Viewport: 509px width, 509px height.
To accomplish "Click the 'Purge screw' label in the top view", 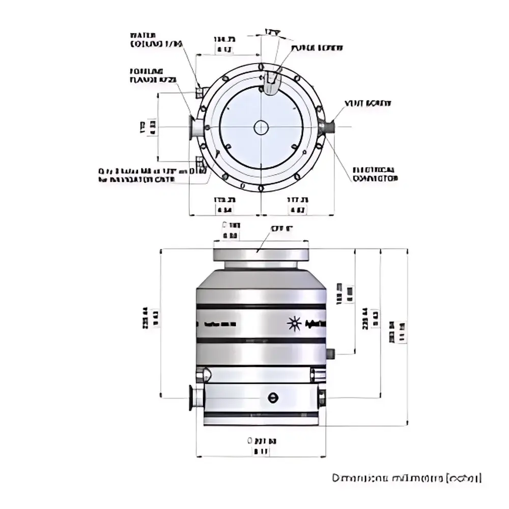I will coord(317,48).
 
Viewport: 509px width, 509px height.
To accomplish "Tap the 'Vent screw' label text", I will coord(367,103).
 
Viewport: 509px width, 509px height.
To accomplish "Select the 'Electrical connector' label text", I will coord(376,174).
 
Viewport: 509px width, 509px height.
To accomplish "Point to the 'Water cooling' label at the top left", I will coord(155,40).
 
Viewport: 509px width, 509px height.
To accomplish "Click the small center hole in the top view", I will coord(261,127).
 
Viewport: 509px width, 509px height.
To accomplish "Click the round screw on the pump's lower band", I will coord(273,398).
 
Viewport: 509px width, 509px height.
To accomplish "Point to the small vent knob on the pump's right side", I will coord(330,353).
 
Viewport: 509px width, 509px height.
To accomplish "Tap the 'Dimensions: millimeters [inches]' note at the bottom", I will coord(406,478).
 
